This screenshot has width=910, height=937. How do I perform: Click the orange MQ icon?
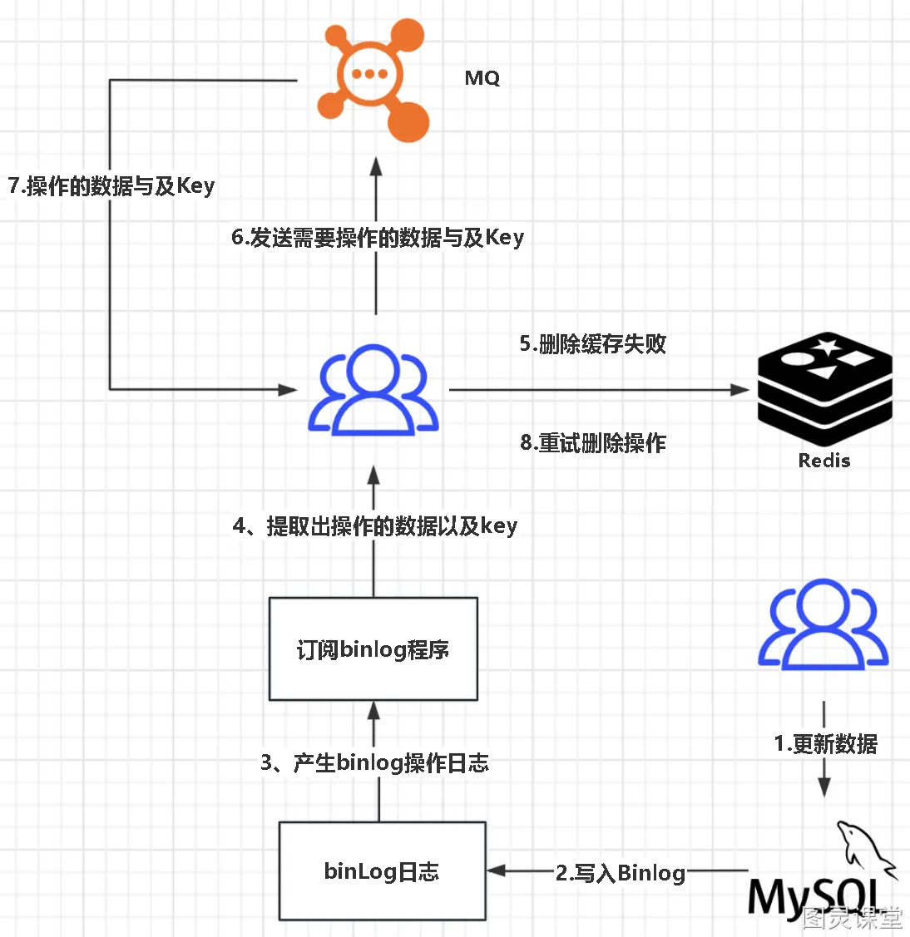[x=373, y=80]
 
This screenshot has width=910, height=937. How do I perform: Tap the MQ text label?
[x=482, y=78]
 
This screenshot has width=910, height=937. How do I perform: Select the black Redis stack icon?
[x=824, y=388]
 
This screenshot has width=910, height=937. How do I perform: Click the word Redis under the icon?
[x=823, y=460]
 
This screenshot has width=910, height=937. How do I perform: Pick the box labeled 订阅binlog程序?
[x=373, y=649]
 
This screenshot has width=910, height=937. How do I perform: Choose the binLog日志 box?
[x=382, y=870]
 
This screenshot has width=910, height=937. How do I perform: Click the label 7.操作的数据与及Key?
[x=111, y=186]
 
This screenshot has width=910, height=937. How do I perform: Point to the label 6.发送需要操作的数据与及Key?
[x=378, y=237]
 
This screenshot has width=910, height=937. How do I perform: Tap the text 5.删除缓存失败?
[x=592, y=343]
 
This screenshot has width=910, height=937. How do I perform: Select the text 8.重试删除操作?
[x=592, y=443]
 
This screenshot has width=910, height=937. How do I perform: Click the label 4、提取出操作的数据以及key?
[x=375, y=525]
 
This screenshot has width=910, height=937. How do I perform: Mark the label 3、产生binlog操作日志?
[x=374, y=762]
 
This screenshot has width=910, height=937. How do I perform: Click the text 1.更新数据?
[x=825, y=743]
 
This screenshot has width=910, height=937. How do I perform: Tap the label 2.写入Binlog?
[x=620, y=872]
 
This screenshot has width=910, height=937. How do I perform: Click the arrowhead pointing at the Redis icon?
[x=740, y=390]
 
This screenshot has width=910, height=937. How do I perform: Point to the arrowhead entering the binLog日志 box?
[x=497, y=870]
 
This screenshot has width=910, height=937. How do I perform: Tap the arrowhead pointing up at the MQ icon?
[x=376, y=167]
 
